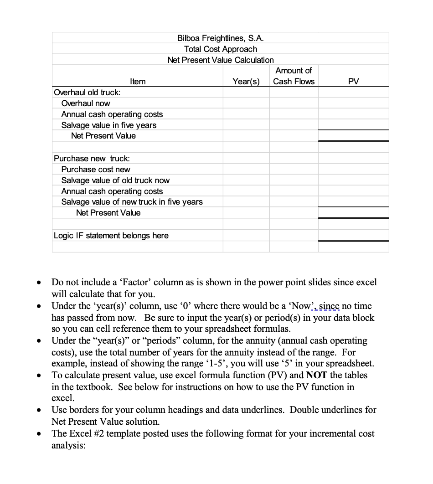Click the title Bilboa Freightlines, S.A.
pyautogui.click(x=221, y=38)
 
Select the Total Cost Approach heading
pyautogui.click(x=221, y=49)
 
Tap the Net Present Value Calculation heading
pyautogui.click(x=221, y=60)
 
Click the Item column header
pyautogui.click(x=138, y=81)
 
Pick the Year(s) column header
pyautogui.click(x=246, y=81)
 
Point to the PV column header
pyautogui.click(x=353, y=81)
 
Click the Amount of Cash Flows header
pyautogui.click(x=294, y=76)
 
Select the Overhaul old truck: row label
pyautogui.click(x=87, y=92)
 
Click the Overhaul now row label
pyautogui.click(x=86, y=103)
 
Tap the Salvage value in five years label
pyautogui.click(x=108, y=125)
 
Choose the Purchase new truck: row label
pyautogui.click(x=92, y=158)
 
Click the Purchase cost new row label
pyautogui.click(x=96, y=169)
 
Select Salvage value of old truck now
pyautogui.click(x=115, y=180)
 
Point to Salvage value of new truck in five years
pyautogui.click(x=132, y=201)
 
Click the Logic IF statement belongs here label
pyautogui.click(x=111, y=235)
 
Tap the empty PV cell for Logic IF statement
pyautogui.click(x=353, y=235)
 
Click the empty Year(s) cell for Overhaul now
pyautogui.click(x=246, y=103)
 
